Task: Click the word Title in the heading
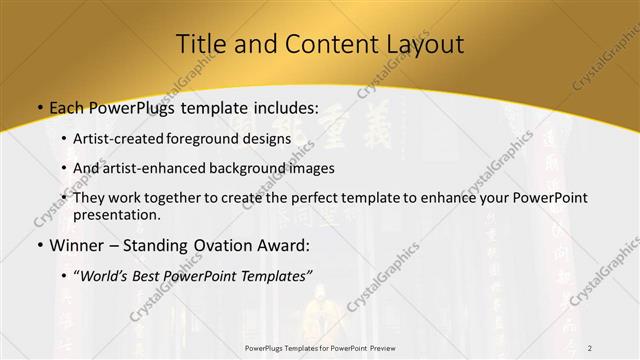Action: (x=201, y=44)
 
